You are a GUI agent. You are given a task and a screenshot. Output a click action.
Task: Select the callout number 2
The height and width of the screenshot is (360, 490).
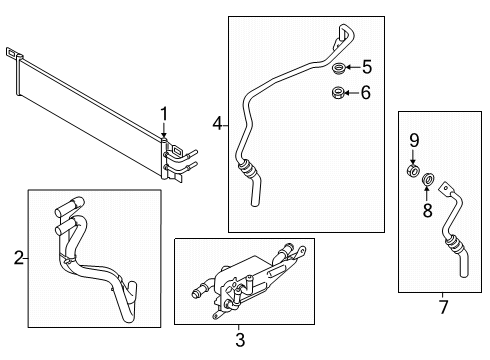coord(18,259)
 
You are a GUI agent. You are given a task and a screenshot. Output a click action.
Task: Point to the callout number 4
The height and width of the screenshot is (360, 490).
coord(217,124)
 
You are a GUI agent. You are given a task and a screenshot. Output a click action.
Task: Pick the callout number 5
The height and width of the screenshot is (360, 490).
coord(366,68)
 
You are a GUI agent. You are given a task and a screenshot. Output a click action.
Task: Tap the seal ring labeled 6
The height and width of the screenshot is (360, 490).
coord(338,94)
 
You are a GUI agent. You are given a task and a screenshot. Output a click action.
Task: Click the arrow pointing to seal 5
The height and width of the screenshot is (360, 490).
coord(352,68)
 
